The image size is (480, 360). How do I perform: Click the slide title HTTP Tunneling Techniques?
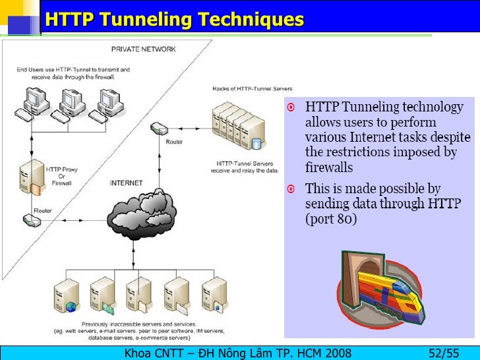pyautogui.click(x=174, y=19)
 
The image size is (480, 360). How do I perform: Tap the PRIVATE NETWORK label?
pyautogui.click(x=143, y=49)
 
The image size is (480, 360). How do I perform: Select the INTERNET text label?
pyautogui.click(x=126, y=183)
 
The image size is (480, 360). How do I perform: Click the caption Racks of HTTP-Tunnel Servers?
pyautogui.click(x=252, y=88)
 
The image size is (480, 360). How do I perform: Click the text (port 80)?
pyautogui.click(x=330, y=219)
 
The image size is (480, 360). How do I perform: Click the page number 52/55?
pyautogui.click(x=444, y=352)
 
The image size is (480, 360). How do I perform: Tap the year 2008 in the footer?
pyautogui.click(x=337, y=352)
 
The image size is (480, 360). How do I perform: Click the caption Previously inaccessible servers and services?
pyautogui.click(x=139, y=324)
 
